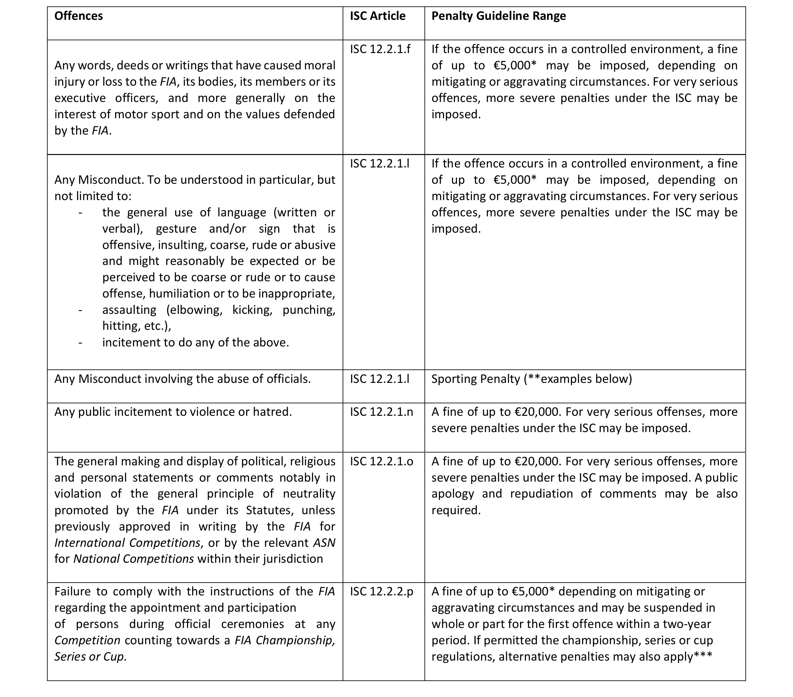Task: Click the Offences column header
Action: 78,16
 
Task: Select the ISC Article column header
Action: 377,16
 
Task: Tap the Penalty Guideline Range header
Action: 499,16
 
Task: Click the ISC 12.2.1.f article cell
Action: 380,49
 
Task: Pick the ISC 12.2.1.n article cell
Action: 381,412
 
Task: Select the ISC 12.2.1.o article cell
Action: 381,461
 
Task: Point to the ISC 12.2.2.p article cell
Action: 381,592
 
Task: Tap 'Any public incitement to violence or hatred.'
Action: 173,412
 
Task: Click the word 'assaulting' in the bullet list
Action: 129,310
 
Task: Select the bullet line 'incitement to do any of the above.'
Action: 196,343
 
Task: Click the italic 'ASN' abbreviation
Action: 324,543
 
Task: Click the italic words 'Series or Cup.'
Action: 90,657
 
